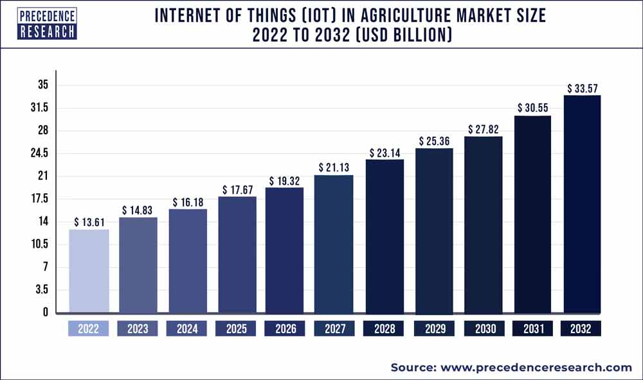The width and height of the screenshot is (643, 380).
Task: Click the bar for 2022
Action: point(89,272)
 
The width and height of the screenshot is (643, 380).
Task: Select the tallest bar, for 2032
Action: point(582,204)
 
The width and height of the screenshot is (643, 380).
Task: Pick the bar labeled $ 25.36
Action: point(434,230)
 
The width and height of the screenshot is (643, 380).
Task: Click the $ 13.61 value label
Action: point(89,222)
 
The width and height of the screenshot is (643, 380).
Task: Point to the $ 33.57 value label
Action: point(582,88)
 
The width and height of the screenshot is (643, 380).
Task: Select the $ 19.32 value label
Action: point(285,180)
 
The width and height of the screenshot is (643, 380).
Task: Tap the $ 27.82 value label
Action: point(483,129)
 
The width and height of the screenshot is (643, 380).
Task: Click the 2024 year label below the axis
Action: point(187,329)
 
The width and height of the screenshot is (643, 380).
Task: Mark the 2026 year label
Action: point(285,329)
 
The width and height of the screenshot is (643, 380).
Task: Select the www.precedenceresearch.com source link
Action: point(536,367)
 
